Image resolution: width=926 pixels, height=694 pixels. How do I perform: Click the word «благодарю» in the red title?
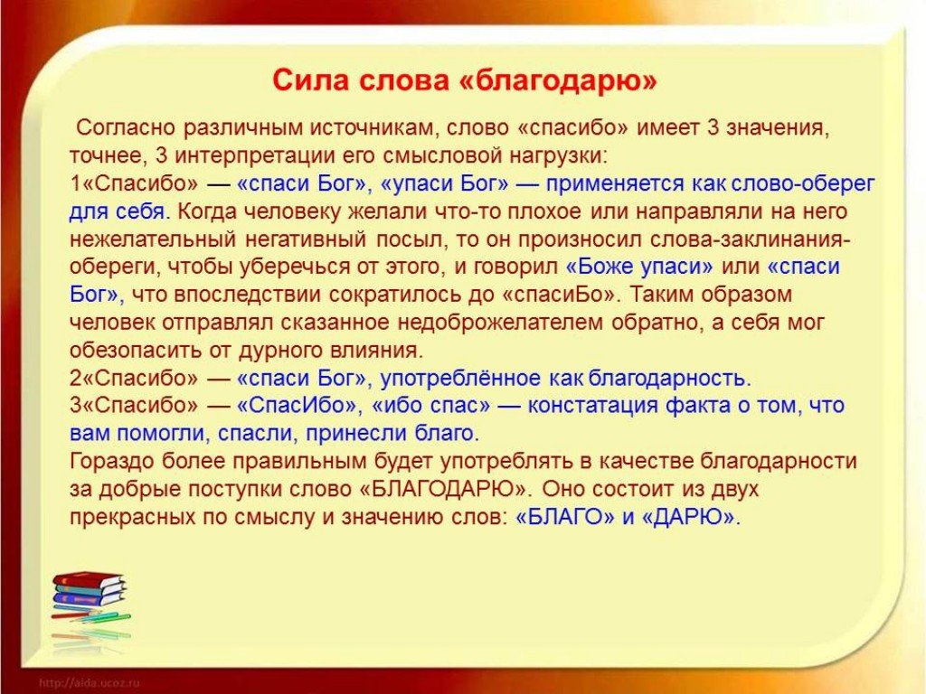click(557, 80)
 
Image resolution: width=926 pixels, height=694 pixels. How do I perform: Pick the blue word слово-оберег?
click(803, 184)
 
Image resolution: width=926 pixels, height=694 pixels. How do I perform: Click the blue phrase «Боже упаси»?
click(639, 267)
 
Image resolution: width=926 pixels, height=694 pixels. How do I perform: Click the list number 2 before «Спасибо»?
click(75, 379)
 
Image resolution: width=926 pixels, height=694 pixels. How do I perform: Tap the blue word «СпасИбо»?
click(298, 406)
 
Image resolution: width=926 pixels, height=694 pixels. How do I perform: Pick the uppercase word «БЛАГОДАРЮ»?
click(443, 490)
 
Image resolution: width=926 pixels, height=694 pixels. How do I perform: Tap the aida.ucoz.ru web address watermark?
click(90, 683)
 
